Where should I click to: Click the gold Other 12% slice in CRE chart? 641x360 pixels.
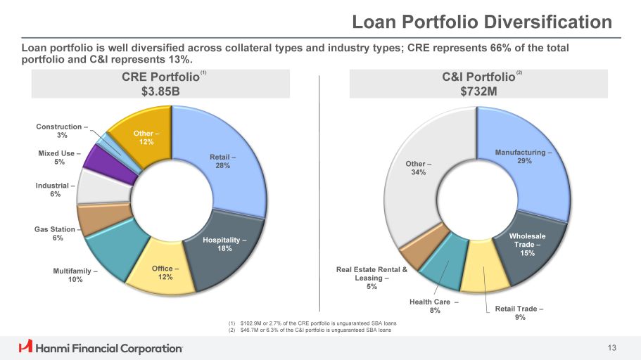(145, 137)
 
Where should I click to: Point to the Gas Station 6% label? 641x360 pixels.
(55, 233)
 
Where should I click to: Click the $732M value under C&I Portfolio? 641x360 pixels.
(478, 91)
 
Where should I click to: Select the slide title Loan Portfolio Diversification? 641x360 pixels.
(482, 22)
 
